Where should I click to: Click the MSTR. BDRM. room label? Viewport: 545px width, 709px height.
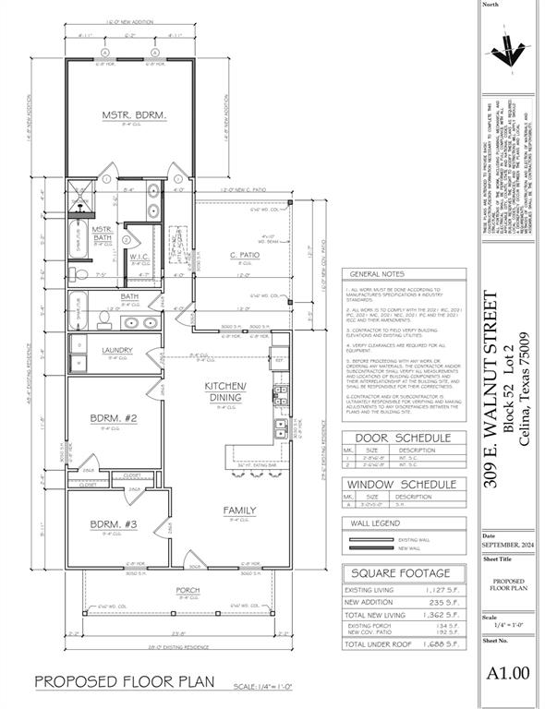[x=134, y=115]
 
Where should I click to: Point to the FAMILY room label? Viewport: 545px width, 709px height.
[x=239, y=510]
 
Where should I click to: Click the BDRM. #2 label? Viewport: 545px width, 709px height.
[x=115, y=418]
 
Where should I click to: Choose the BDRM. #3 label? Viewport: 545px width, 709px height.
[x=114, y=525]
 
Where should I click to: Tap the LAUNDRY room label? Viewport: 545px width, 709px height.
[x=117, y=350]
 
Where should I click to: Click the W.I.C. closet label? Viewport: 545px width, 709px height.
[x=140, y=256]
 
